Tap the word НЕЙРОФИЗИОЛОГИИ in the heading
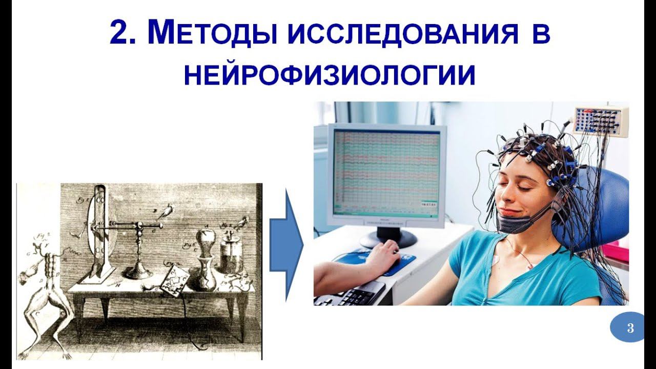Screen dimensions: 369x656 pos(330,75)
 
